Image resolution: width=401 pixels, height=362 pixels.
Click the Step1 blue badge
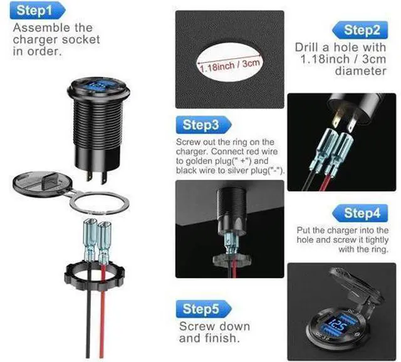[x=38, y=11]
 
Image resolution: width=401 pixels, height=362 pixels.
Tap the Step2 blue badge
[x=360, y=30]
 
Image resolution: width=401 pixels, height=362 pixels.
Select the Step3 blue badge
[x=204, y=125]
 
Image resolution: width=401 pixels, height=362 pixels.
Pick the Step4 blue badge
[x=360, y=213]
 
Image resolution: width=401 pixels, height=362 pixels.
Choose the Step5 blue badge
[x=204, y=309]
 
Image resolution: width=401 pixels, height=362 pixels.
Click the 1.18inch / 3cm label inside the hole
[x=229, y=65]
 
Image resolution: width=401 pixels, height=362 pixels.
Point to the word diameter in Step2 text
[x=360, y=71]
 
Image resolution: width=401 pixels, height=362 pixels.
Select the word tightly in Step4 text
[x=377, y=240]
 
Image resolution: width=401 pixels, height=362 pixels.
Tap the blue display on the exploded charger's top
[x=99, y=85]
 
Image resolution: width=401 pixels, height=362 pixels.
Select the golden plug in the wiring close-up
[x=338, y=118]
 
